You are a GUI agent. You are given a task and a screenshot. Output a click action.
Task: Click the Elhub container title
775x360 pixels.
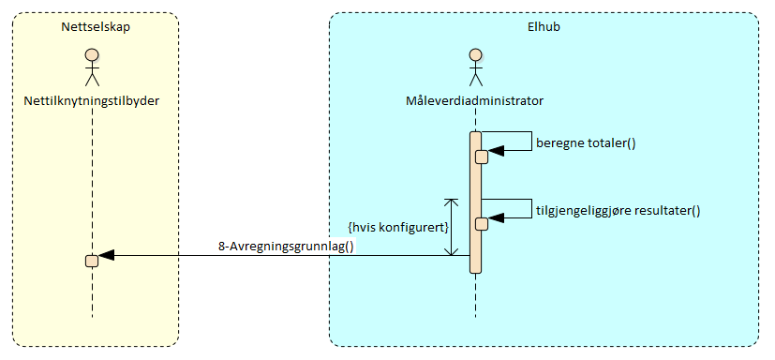[544, 27]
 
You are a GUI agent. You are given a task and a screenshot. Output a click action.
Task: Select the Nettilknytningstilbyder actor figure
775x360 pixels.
[92, 67]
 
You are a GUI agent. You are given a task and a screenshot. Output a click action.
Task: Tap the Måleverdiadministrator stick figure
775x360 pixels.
[475, 67]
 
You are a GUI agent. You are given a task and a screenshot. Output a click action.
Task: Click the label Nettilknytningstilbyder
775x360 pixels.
[92, 100]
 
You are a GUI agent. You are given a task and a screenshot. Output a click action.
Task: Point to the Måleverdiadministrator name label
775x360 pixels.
[475, 100]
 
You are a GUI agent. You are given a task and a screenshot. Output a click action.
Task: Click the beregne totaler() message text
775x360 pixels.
[586, 143]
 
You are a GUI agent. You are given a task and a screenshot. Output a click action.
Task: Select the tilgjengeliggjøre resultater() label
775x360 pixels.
[618, 210]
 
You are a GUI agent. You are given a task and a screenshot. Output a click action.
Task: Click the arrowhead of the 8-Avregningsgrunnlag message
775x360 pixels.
[106, 255]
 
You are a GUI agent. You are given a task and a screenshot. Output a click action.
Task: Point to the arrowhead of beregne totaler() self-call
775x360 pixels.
[497, 148]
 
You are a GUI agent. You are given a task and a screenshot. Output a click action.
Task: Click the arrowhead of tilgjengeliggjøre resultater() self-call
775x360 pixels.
[497, 216]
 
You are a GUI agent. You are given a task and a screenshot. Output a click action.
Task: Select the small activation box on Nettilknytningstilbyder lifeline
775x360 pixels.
[92, 260]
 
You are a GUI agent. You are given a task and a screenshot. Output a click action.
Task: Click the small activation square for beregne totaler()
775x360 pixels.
[482, 157]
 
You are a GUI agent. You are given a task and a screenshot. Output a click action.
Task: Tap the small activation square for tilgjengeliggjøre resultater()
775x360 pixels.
[482, 223]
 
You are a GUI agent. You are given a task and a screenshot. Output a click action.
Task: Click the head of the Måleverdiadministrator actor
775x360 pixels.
[475, 53]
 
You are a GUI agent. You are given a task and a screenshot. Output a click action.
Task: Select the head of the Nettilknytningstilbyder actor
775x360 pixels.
[92, 53]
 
